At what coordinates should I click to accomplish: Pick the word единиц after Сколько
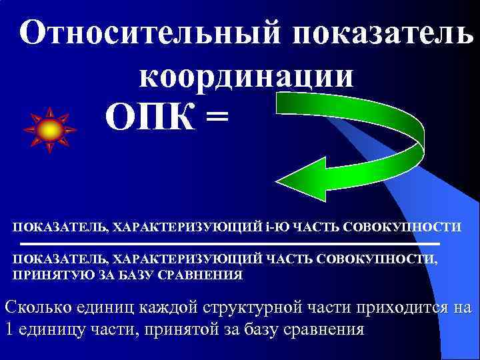pos(99,308)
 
